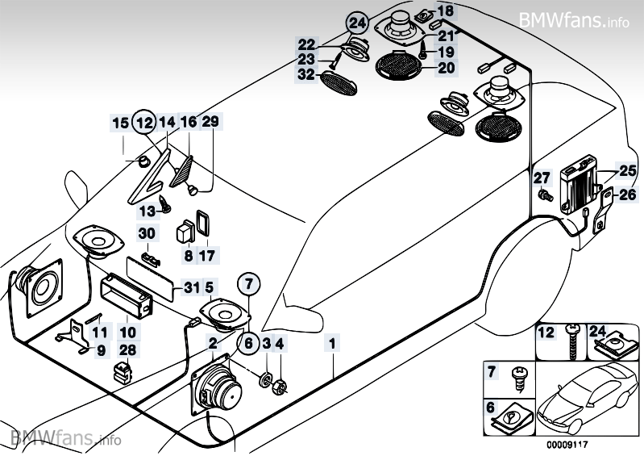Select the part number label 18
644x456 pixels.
[x=446, y=10]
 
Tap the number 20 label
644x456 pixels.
[x=446, y=69]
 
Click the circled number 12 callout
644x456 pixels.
[x=143, y=123]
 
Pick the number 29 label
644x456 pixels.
[x=210, y=123]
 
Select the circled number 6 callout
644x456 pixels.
[x=248, y=343]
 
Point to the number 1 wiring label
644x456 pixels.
[x=331, y=343]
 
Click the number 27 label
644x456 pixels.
[x=541, y=178]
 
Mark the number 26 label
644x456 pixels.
[x=627, y=194]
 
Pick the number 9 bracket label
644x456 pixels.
[x=101, y=350]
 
